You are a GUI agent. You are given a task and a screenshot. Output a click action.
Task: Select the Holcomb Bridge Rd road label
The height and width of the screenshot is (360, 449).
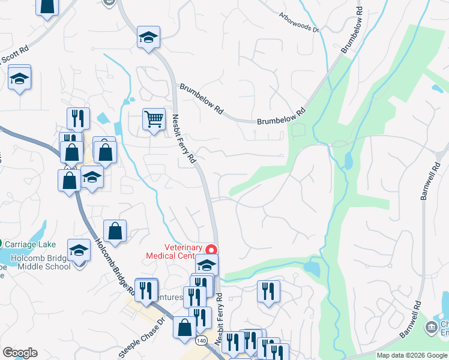coord(113,266)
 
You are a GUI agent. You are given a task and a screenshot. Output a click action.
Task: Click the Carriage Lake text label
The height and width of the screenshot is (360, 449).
coord(30,244)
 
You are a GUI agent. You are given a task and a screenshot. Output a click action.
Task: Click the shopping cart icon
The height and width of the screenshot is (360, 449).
coord(154,119)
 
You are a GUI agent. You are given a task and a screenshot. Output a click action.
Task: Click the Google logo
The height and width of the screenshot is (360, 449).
coord(20,353)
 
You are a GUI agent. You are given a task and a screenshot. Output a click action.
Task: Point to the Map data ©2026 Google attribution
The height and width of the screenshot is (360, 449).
coord(412,355)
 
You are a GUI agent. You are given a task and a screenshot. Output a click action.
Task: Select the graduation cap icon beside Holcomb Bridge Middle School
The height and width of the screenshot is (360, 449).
coord(79,250)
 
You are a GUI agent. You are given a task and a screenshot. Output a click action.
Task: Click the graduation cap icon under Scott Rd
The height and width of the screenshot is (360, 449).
coord(20,78)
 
